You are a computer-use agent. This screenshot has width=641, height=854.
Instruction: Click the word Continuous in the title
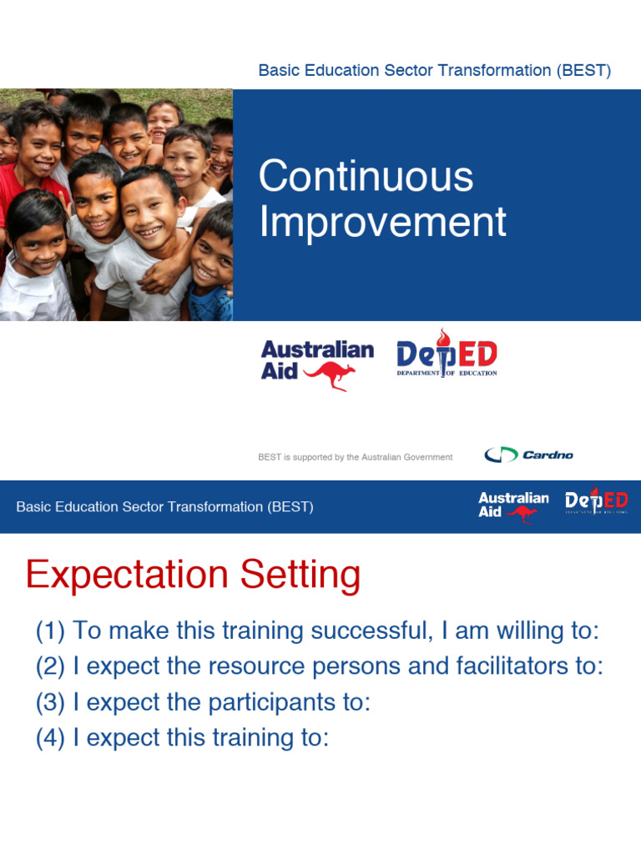coord(366,178)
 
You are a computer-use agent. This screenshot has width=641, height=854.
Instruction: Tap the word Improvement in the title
coord(382,223)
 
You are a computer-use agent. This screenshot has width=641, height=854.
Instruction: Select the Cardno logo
coord(528,455)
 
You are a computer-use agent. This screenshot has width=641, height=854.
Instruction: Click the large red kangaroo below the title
coord(331,375)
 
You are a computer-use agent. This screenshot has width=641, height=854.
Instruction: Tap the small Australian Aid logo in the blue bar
coord(513,505)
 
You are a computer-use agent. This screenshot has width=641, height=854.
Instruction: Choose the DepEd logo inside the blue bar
coord(596,504)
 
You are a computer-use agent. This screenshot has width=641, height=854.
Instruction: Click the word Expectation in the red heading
coord(127,575)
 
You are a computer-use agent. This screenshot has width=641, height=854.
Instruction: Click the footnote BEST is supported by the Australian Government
coord(356,457)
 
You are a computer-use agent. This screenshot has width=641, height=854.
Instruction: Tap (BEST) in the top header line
coord(583,71)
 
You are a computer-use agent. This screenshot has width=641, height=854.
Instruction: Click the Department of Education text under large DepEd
coord(447,373)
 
